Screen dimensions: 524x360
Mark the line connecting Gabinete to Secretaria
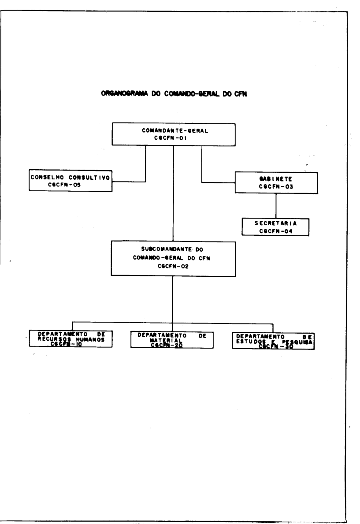276,205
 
